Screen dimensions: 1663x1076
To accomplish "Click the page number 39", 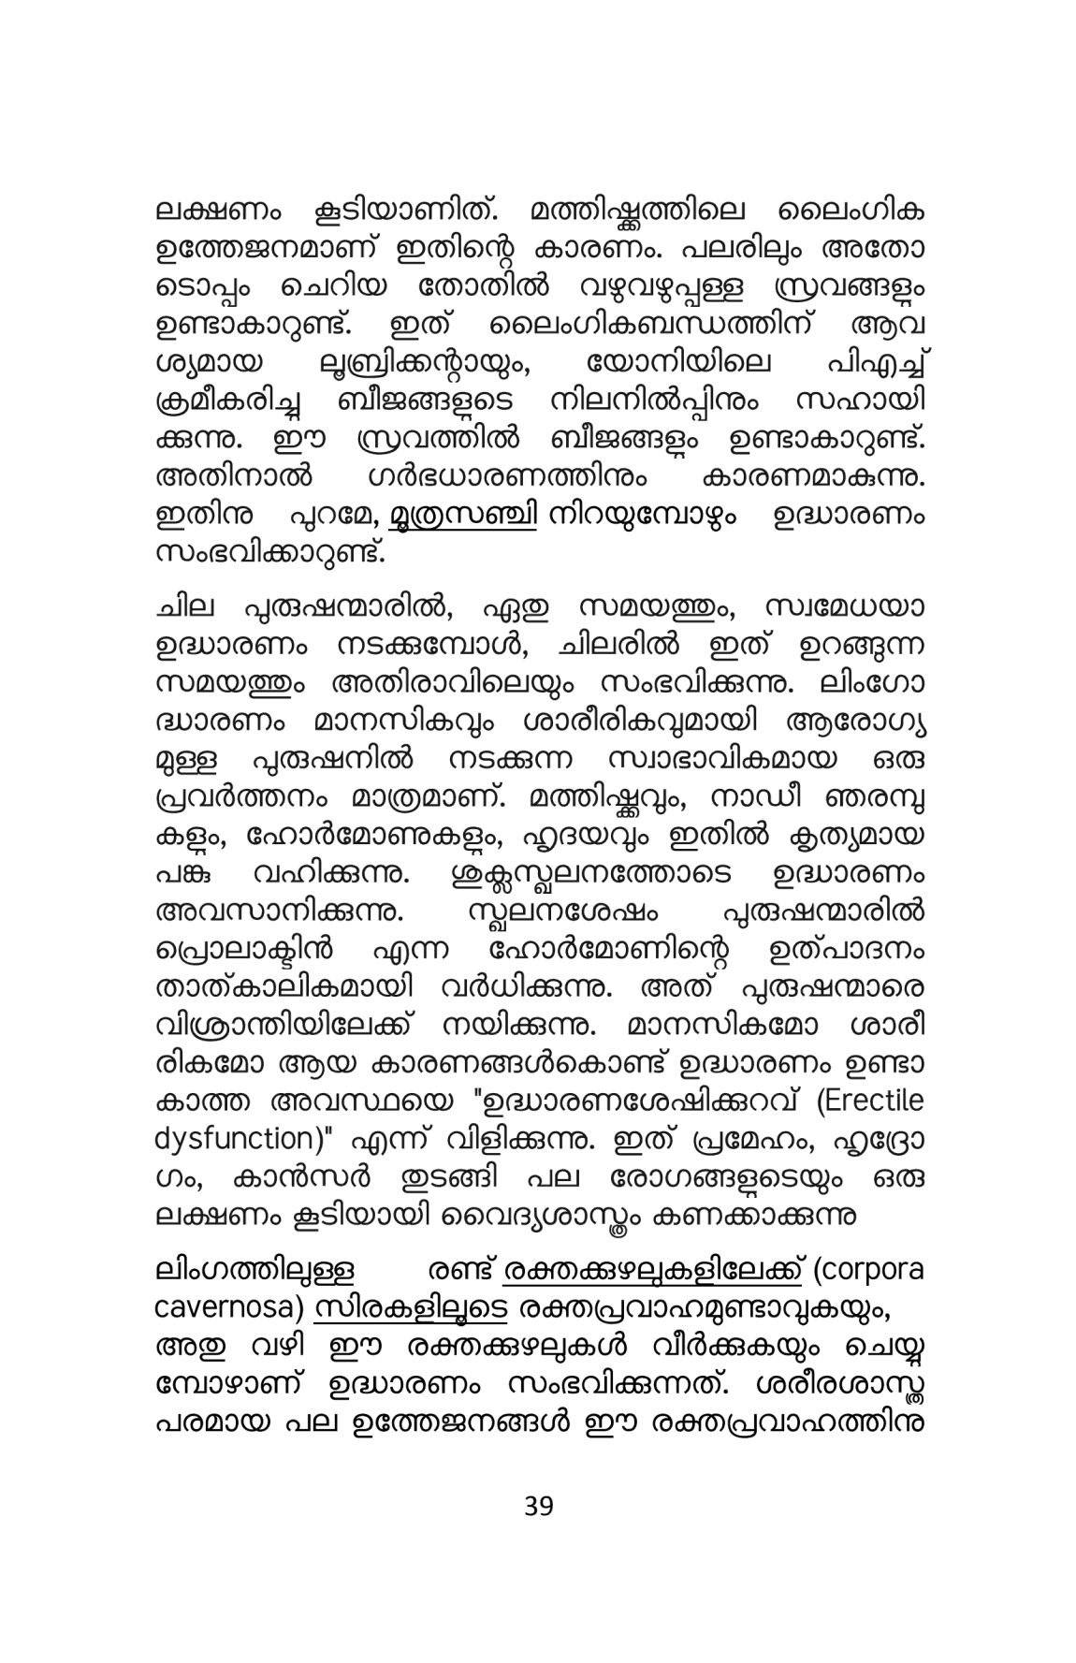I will coord(538,1507).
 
